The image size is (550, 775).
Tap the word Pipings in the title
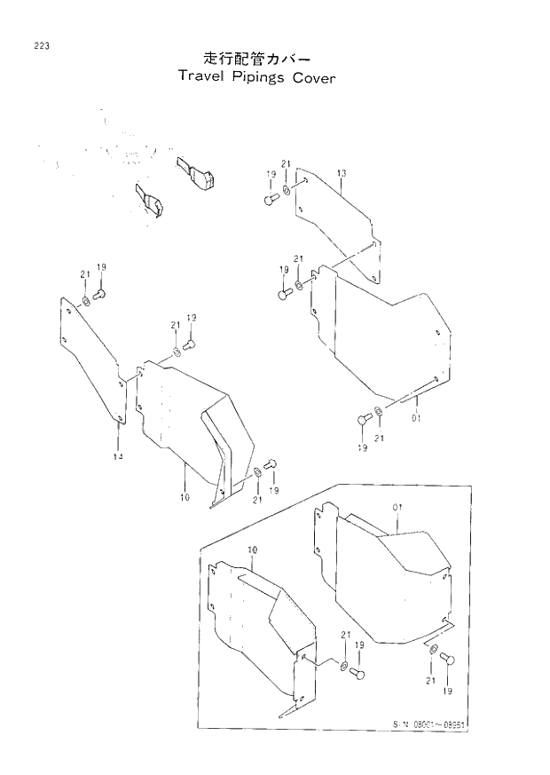(263, 78)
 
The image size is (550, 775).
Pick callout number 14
(118, 456)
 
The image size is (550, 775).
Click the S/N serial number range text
(429, 724)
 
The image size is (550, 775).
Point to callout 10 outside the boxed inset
(185, 498)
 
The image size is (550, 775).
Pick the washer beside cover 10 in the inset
(342, 665)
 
